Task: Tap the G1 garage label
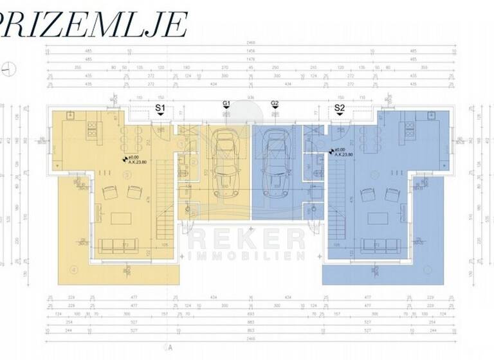(226, 104)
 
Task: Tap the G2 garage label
(275, 104)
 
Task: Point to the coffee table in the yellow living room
(120, 218)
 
